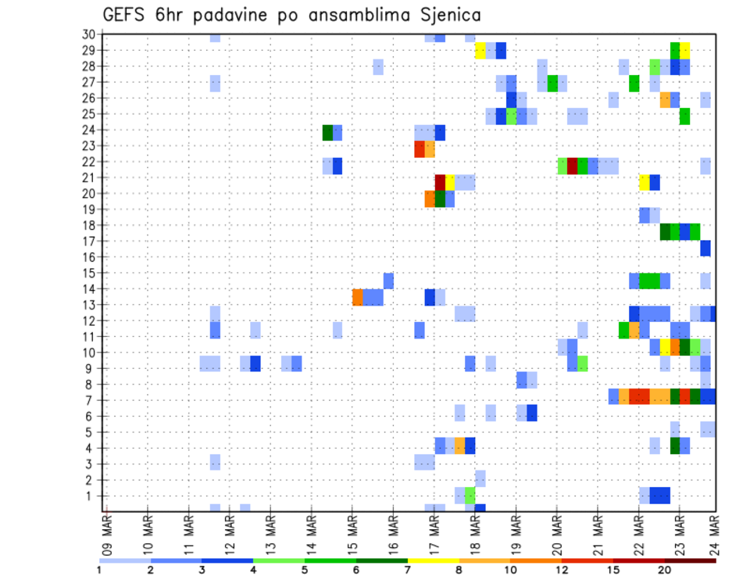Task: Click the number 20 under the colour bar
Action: (664, 570)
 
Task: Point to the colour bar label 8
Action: (459, 570)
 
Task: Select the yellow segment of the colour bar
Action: (433, 560)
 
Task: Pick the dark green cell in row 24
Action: (328, 133)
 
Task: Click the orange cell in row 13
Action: (358, 297)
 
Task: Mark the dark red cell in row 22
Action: (573, 166)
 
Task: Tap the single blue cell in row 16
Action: (705, 248)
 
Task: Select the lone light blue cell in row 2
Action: (480, 478)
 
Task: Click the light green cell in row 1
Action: (470, 496)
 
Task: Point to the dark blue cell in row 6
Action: (532, 413)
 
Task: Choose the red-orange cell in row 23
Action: (420, 149)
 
